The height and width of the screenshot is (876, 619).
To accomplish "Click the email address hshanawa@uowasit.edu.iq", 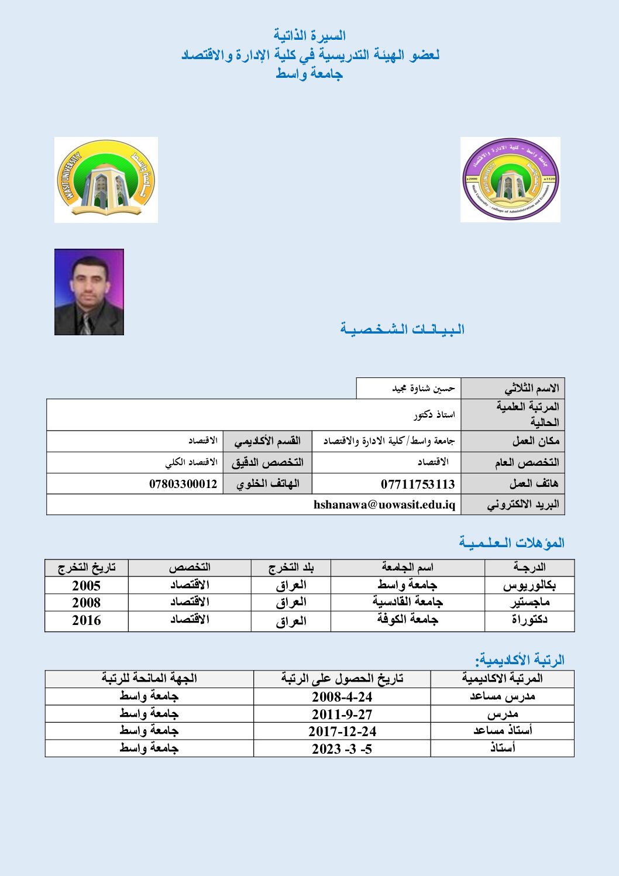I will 384,504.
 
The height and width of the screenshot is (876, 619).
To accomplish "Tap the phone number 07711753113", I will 418,484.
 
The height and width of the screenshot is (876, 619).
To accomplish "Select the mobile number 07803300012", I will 183,484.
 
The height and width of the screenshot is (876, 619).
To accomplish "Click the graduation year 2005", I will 86,586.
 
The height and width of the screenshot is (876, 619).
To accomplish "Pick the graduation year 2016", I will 86,620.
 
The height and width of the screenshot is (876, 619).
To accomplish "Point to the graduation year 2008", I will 86,603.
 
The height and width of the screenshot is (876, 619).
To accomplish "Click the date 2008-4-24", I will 342,697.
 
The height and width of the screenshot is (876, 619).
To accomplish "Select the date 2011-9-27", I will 342,714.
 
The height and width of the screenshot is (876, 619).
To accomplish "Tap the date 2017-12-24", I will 342,731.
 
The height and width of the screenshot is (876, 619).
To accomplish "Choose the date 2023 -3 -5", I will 342,749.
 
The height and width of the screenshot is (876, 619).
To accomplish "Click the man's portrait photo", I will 89,292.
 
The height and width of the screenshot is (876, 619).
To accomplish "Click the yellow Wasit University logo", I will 106,180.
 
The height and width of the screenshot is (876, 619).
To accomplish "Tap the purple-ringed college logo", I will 510,180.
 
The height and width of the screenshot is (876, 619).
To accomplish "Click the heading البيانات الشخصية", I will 403,329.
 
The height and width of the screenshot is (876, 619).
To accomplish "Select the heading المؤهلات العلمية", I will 511,542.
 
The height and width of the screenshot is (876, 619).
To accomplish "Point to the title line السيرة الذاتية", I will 309,36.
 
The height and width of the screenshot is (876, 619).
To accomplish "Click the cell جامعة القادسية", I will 407,602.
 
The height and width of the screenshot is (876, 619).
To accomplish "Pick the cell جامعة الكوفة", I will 407,620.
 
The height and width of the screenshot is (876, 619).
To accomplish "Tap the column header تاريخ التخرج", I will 87,568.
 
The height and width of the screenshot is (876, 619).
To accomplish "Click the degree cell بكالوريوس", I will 529,585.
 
